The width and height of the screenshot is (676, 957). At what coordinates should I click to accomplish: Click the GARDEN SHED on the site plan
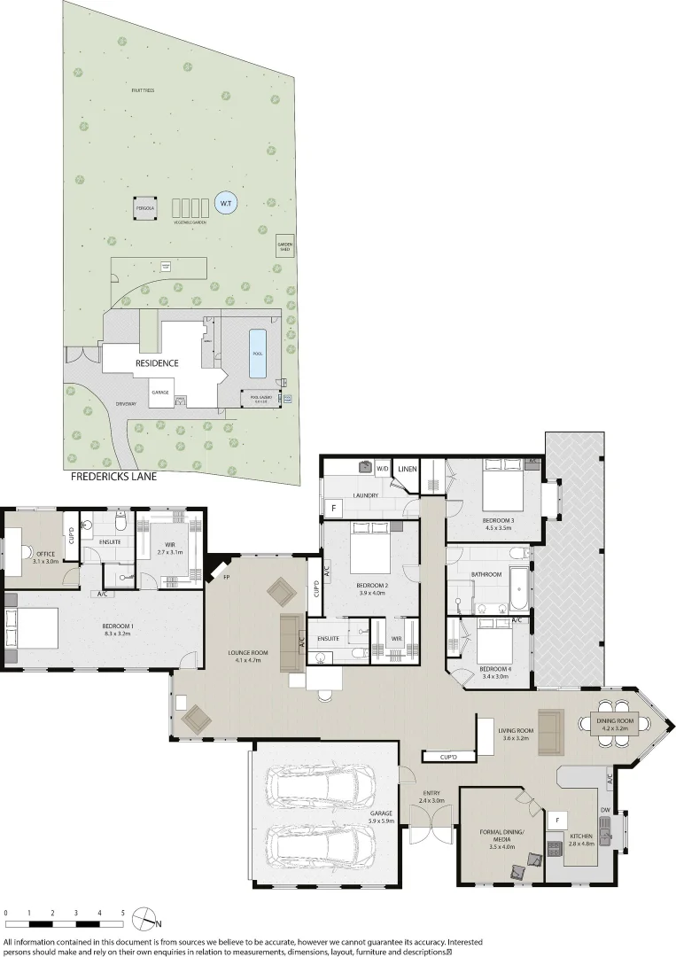pyautogui.click(x=285, y=247)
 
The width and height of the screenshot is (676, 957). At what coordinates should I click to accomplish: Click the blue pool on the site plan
pyautogui.click(x=258, y=343)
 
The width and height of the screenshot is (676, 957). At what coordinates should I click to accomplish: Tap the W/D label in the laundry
pyautogui.click(x=383, y=468)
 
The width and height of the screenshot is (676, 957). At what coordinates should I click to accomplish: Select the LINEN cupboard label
pyautogui.click(x=408, y=469)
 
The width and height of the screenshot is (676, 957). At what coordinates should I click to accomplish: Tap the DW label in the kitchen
pyautogui.click(x=604, y=810)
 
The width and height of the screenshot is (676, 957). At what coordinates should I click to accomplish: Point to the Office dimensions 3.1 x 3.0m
pyautogui.click(x=45, y=562)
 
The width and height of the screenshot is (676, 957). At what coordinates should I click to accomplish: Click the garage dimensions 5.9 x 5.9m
pyautogui.click(x=381, y=821)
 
